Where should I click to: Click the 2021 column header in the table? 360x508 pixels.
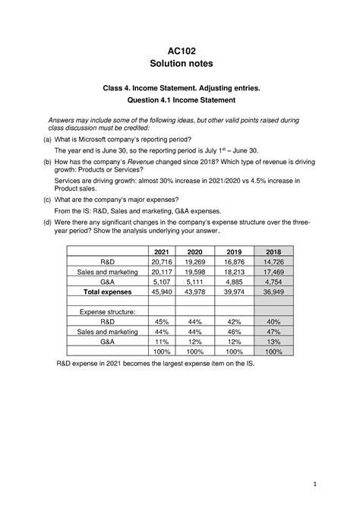[x=162, y=251]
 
